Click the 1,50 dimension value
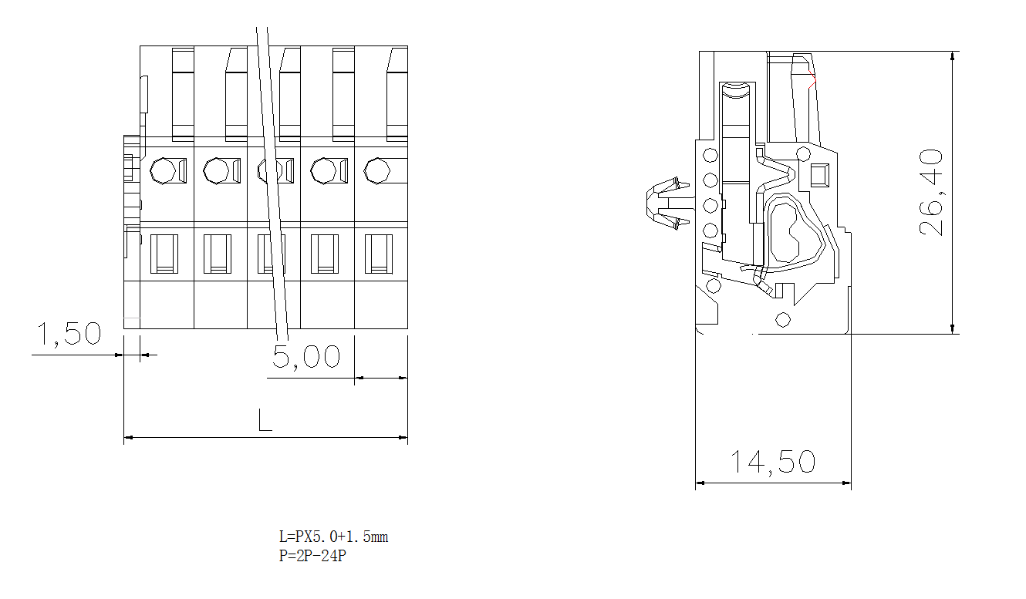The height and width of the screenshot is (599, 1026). click(69, 335)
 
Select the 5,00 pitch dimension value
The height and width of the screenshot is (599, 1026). click(306, 357)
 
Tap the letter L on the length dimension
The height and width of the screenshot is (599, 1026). click(265, 420)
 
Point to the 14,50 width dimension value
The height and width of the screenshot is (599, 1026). click(773, 462)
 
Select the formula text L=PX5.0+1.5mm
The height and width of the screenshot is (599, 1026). click(333, 537)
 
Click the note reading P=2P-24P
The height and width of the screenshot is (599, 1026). click(312, 556)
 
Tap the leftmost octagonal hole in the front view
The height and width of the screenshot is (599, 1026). click(164, 170)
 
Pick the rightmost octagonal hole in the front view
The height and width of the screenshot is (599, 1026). click(376, 170)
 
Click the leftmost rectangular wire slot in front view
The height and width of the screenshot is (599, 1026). click(164, 254)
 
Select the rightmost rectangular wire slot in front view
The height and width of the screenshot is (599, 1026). click(378, 254)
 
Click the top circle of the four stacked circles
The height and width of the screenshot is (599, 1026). click(710, 156)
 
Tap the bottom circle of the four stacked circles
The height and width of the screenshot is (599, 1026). click(710, 230)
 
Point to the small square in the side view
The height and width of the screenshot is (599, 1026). click(818, 176)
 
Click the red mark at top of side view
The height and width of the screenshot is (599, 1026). click(812, 81)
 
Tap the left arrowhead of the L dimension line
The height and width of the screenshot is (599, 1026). click(129, 438)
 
